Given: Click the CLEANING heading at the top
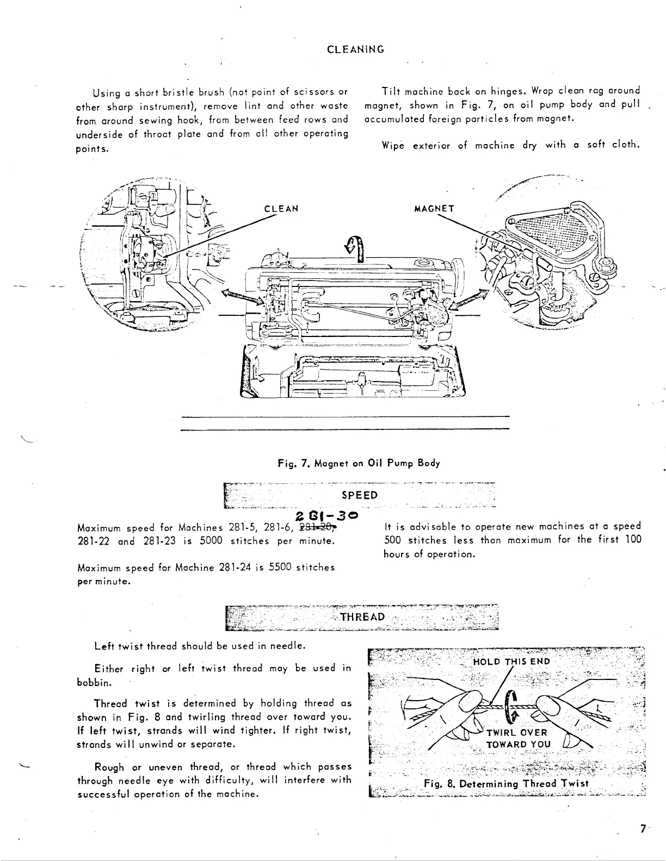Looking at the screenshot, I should (356, 49).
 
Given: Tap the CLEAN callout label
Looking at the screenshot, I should (281, 209).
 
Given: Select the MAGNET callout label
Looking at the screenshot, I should (434, 209).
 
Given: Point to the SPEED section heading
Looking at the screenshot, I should (359, 495).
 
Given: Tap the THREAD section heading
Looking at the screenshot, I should (362, 617).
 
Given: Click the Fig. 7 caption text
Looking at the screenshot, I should (359, 463).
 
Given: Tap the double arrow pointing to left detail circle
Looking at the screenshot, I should (237, 297).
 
